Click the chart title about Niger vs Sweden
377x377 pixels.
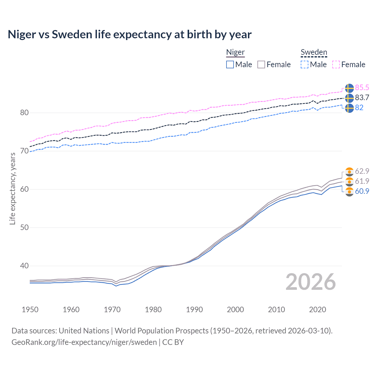pos(130,34)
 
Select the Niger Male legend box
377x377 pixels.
pos(230,65)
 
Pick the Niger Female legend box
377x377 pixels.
pos(261,65)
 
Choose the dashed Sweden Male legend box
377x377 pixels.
pos(305,65)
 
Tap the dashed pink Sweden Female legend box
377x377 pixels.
pos(336,65)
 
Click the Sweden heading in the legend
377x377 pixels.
pos(314,52)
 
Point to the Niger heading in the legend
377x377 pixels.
pos(235,52)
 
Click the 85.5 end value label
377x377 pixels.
pos(362,87)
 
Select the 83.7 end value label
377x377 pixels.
pos(362,97)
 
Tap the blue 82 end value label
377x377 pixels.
pos(359,108)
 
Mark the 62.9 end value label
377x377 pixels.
pos(362,171)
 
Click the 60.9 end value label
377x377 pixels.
pos(362,191)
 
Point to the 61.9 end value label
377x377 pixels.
pos(362,181)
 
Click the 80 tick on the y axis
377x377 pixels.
pos(24,113)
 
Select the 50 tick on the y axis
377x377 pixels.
pos(24,227)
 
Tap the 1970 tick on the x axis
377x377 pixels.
pos(112,310)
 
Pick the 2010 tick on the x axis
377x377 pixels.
pos(276,310)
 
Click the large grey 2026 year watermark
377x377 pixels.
pos(310,282)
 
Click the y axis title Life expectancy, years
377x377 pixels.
pos(12,188)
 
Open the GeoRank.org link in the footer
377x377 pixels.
pos(84,342)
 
